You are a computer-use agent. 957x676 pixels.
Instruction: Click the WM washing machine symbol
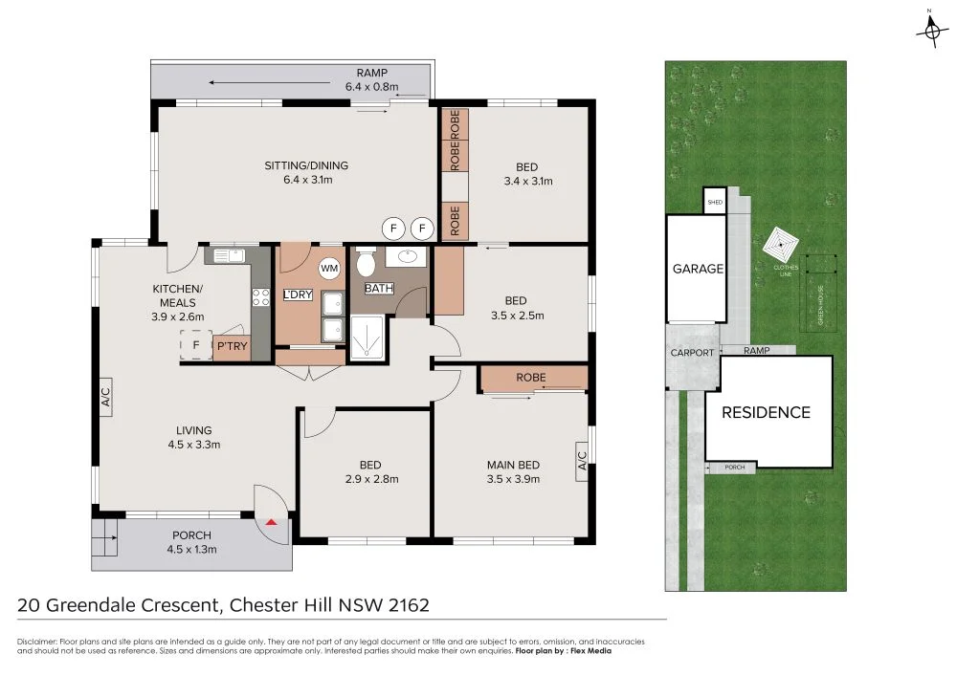(x=330, y=268)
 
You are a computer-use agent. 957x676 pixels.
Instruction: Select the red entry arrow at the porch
(x=272, y=522)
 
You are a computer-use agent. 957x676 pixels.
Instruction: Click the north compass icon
(x=931, y=31)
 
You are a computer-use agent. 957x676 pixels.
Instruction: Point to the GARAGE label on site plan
(x=698, y=269)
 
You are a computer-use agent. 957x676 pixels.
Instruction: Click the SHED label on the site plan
(x=715, y=203)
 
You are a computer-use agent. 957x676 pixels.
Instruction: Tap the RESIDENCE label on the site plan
(x=766, y=412)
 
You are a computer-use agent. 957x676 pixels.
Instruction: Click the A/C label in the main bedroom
(x=581, y=461)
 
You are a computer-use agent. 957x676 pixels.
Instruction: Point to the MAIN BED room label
(x=514, y=465)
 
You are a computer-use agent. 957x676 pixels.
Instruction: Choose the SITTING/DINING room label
(x=306, y=165)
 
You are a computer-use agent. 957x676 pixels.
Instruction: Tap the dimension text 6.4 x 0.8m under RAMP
(x=371, y=86)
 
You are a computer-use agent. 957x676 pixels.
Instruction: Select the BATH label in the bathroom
(x=378, y=288)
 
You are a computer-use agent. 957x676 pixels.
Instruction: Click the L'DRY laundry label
(x=298, y=294)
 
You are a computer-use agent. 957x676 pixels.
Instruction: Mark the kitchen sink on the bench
(x=229, y=255)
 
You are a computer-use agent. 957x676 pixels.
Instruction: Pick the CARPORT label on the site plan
(x=692, y=353)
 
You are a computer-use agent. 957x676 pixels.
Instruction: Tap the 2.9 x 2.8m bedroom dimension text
(x=366, y=480)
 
